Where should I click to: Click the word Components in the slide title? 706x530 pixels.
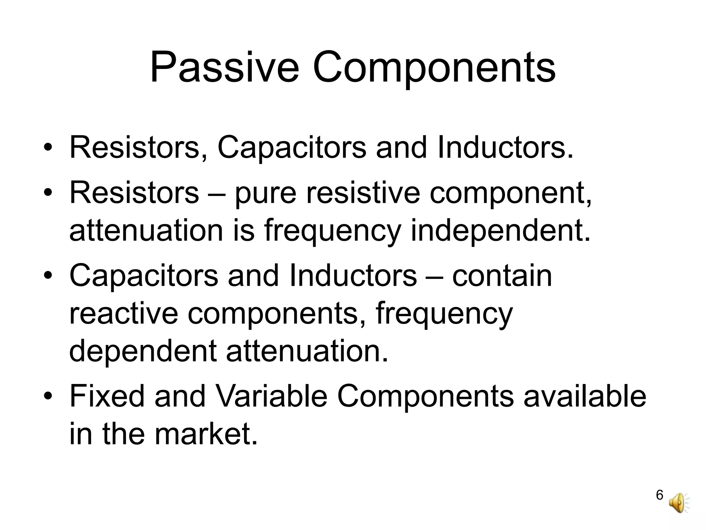(x=434, y=67)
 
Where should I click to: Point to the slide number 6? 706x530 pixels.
(x=659, y=504)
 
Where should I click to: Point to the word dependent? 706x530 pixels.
(x=143, y=351)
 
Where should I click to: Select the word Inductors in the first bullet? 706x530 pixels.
(x=506, y=148)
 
